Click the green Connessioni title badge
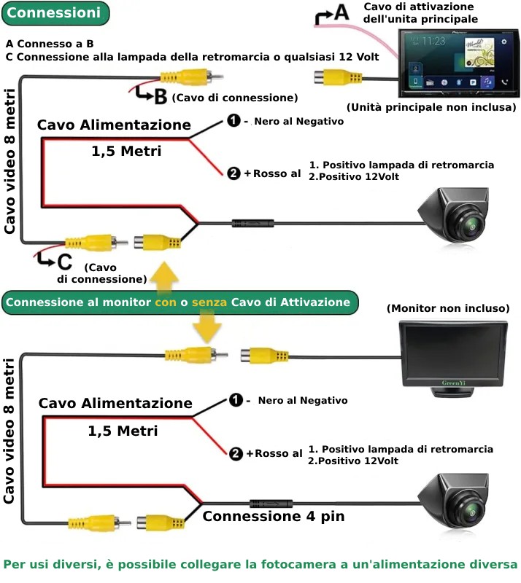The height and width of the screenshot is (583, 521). [x=55, y=12]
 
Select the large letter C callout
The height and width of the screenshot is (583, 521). [x=65, y=261]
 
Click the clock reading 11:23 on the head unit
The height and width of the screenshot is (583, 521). [x=433, y=41]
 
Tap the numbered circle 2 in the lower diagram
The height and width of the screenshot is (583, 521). [x=235, y=453]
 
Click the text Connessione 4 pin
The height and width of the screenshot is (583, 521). [x=273, y=517]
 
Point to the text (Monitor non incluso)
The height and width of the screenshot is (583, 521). [x=448, y=308]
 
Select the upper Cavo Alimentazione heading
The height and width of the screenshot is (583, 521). [x=114, y=125]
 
